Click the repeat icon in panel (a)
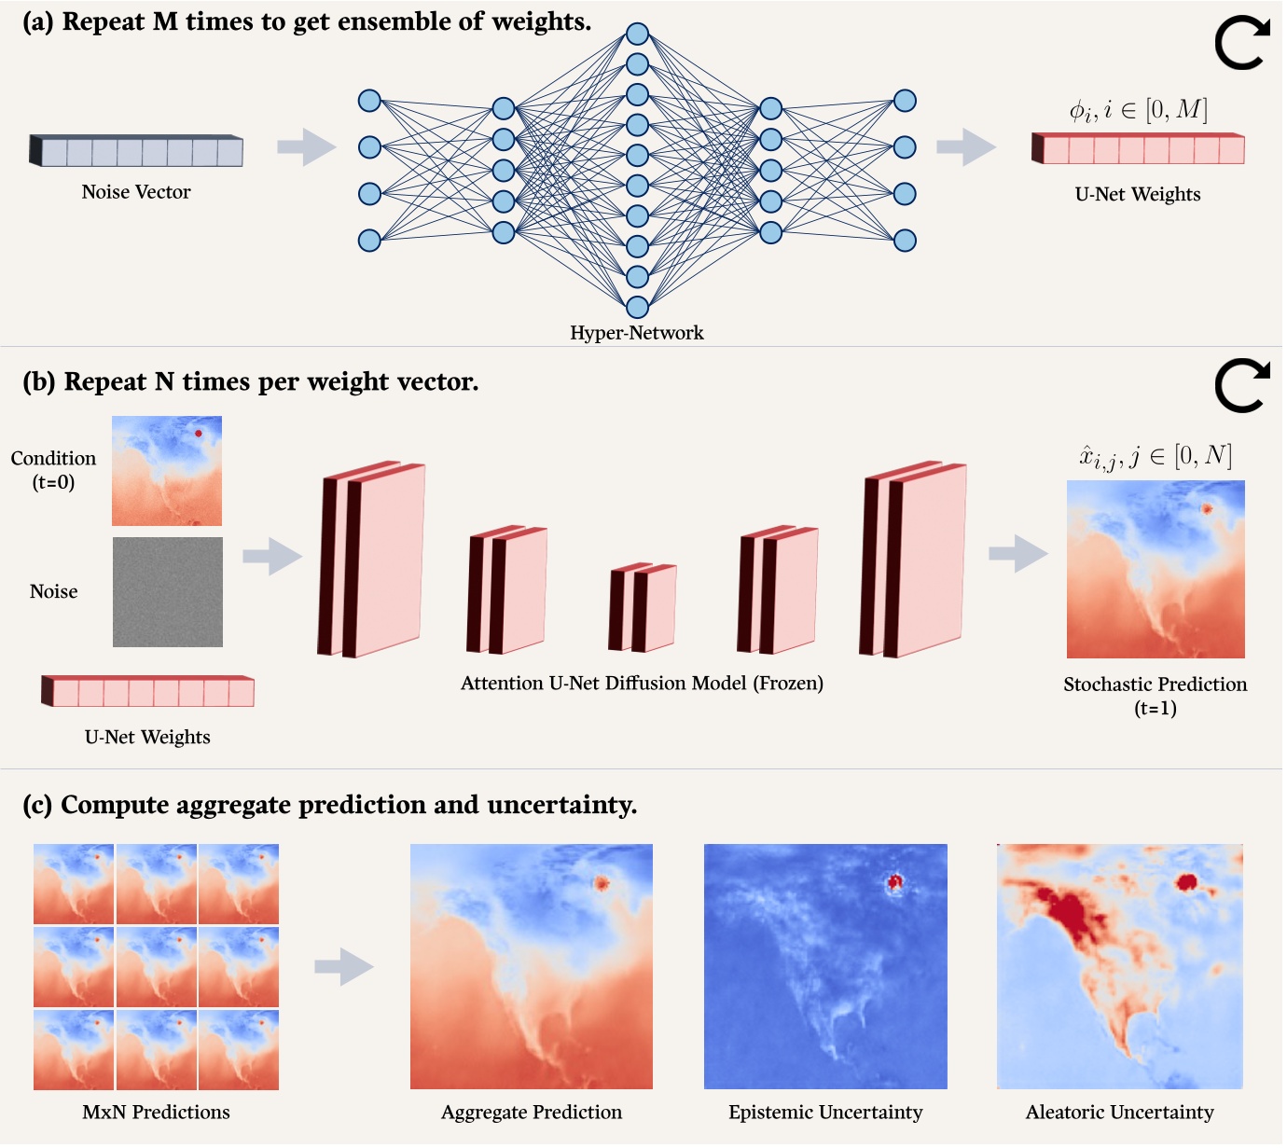(x=1241, y=44)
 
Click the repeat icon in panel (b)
(x=1241, y=386)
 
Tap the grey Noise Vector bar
(x=137, y=151)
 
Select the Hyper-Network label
(x=637, y=333)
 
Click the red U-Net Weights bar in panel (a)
(x=1139, y=149)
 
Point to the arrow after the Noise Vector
(x=306, y=147)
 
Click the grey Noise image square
(x=168, y=592)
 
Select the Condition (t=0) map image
(x=167, y=471)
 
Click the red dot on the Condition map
(x=198, y=434)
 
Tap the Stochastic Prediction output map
(x=1156, y=569)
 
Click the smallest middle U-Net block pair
(x=643, y=607)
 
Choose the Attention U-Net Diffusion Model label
(x=642, y=684)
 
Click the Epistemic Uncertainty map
(x=825, y=966)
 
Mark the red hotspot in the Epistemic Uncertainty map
(x=896, y=881)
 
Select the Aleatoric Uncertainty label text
(x=1119, y=1113)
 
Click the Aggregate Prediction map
(x=532, y=966)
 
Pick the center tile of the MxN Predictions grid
(x=156, y=967)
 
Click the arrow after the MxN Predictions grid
(x=343, y=967)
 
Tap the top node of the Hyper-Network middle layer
(x=637, y=35)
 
